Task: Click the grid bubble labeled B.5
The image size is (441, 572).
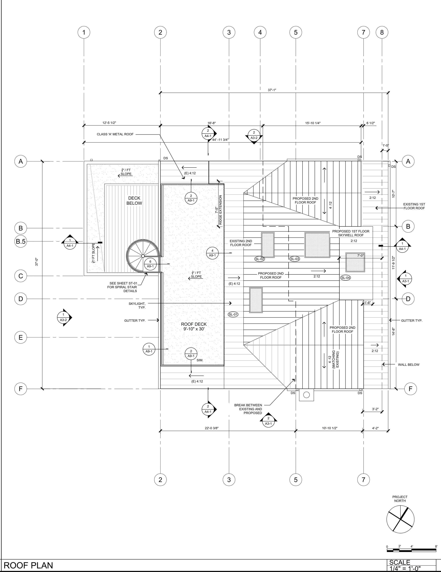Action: pos(21,241)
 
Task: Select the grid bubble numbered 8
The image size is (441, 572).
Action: pos(382,32)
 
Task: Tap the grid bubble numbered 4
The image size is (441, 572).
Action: pos(260,32)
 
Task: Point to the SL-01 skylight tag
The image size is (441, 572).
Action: pos(233,314)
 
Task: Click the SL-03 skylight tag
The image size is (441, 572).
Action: pos(295,259)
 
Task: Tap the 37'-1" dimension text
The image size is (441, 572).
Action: pos(272,90)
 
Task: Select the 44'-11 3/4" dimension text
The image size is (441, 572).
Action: pos(220,140)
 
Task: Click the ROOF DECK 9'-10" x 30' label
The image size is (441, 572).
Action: pos(194,326)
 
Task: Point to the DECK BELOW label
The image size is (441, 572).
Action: pos(134,201)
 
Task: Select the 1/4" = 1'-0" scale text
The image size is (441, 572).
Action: pos(405,569)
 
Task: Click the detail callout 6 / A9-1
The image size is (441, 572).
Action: pos(150,264)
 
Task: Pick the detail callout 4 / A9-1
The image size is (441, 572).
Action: pos(212,253)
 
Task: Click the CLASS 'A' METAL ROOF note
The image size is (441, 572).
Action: pos(115,134)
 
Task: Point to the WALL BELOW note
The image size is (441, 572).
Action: pos(409,364)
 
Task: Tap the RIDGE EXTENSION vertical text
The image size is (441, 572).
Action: pos(220,210)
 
